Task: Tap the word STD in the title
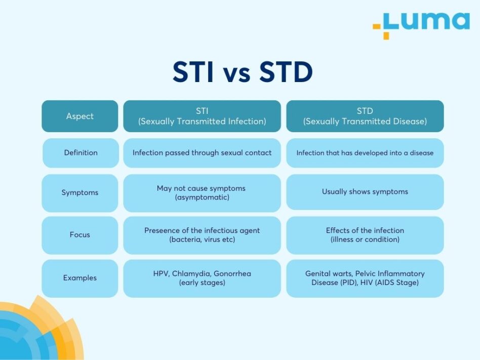click(x=286, y=72)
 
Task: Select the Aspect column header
click(x=80, y=116)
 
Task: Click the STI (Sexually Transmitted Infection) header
click(x=202, y=116)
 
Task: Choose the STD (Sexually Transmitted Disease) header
click(x=365, y=116)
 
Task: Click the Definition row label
click(x=81, y=152)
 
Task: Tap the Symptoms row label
click(x=80, y=192)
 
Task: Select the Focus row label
click(x=80, y=235)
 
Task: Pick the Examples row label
click(x=80, y=277)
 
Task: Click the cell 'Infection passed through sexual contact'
click(x=202, y=152)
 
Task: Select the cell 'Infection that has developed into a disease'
click(x=365, y=152)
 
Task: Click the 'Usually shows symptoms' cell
click(x=365, y=191)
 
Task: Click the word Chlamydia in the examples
click(x=190, y=273)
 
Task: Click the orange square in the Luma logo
click(x=386, y=35)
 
